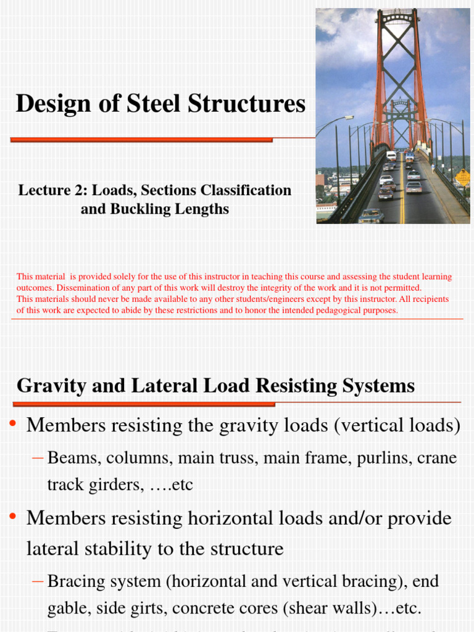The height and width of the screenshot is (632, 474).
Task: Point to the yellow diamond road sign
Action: (462, 178)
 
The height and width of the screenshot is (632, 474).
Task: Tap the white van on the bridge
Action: (391, 156)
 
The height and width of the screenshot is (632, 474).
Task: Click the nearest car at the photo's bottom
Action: (370, 215)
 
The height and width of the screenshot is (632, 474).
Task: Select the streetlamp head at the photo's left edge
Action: (347, 117)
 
